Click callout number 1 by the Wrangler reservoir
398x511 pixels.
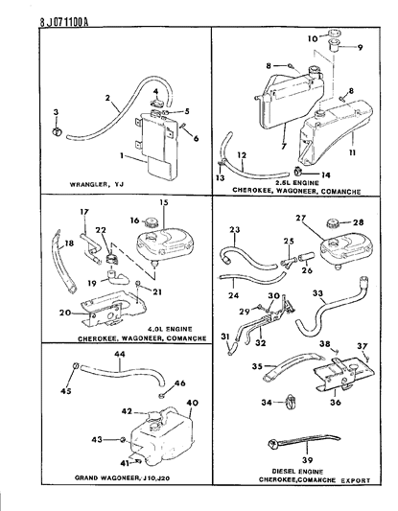[x=121, y=154]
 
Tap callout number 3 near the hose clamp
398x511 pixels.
[x=56, y=114]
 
